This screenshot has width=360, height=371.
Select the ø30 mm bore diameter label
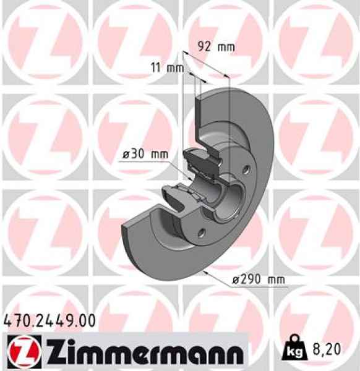coord(142,155)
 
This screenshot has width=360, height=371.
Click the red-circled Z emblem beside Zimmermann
coord(24,351)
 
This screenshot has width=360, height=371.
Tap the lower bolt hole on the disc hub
coord(201,234)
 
